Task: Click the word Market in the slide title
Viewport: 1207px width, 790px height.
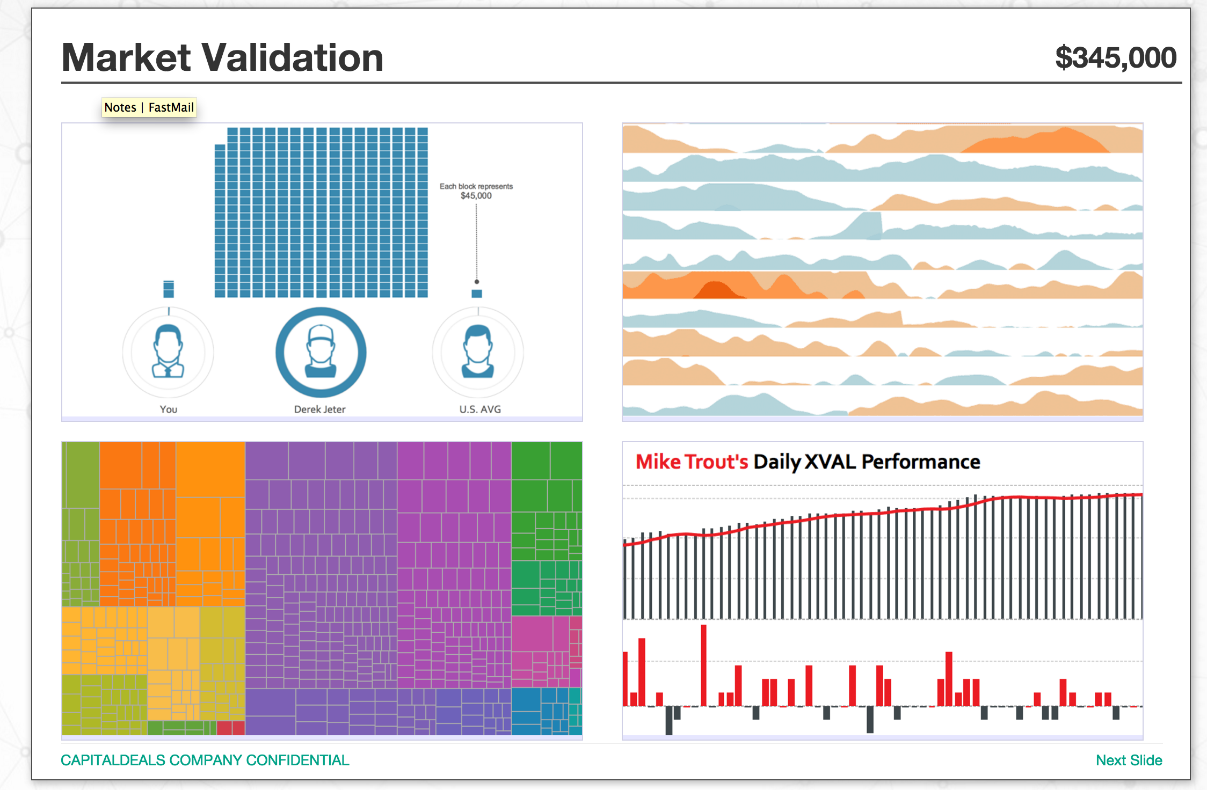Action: pos(126,57)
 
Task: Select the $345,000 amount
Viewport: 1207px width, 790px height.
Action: pos(1115,58)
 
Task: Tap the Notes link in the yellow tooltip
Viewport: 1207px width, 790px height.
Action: pos(120,107)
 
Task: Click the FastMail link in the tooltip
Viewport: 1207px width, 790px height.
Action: pos(171,107)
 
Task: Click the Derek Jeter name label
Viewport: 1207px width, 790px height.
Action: pos(319,409)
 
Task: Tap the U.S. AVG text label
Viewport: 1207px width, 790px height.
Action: pos(480,409)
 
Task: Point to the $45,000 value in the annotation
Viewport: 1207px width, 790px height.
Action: pos(476,196)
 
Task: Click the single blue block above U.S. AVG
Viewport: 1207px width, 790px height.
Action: pos(477,294)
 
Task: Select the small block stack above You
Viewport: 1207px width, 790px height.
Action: pos(169,289)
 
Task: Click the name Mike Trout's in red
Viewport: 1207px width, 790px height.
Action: pos(692,462)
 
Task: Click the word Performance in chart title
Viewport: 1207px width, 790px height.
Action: pos(921,462)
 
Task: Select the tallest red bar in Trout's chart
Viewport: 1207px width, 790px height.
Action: pos(703,665)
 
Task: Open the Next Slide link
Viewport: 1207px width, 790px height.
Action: pos(1129,760)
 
